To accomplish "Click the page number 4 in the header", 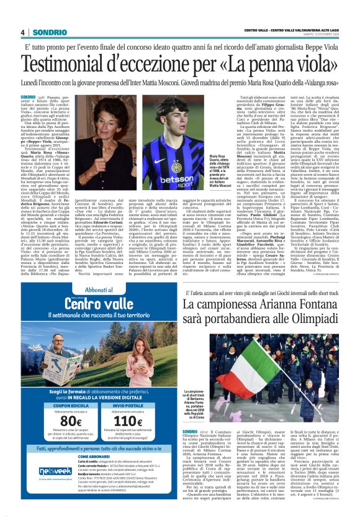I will [22, 32].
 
